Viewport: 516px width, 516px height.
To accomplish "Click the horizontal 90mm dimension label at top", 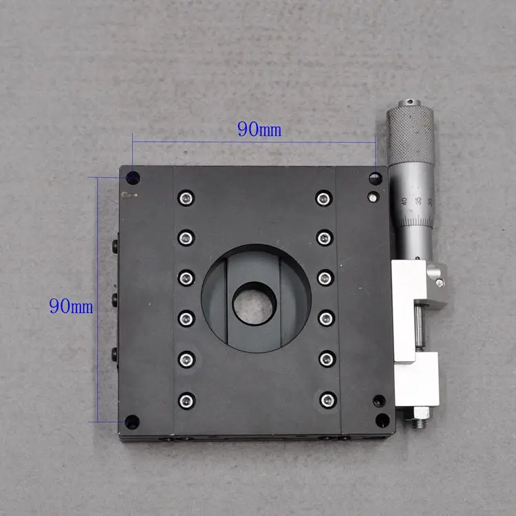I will tap(259, 129).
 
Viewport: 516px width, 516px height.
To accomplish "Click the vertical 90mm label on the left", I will tap(70, 305).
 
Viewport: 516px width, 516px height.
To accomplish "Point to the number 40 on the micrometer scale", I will tap(403, 202).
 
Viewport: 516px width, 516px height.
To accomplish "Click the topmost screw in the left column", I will tap(184, 199).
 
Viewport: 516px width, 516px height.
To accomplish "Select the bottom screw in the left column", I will tap(184, 400).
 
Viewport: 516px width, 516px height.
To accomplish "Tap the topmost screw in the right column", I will tap(323, 199).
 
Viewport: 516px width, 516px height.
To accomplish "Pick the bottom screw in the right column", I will tap(325, 399).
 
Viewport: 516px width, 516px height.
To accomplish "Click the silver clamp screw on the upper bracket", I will tap(438, 281).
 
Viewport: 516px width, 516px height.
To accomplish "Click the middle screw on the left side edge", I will tap(115, 299).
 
